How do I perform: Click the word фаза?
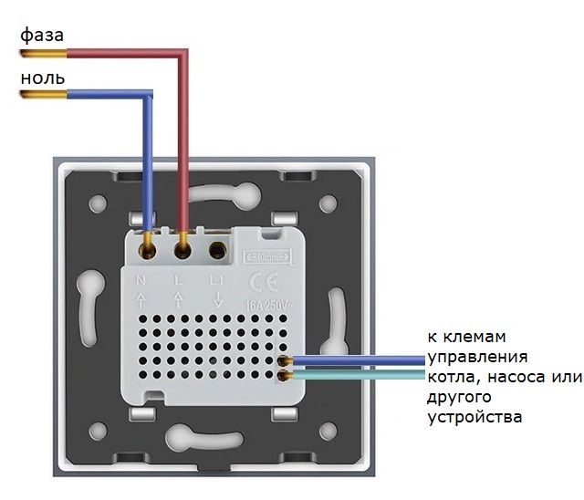click(x=41, y=36)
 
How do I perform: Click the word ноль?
click(x=42, y=77)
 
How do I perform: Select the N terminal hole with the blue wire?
click(x=146, y=245)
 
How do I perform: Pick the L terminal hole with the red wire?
click(x=182, y=245)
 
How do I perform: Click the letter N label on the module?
click(x=142, y=278)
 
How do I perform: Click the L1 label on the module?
click(x=217, y=278)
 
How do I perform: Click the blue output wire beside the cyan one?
click(x=365, y=362)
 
